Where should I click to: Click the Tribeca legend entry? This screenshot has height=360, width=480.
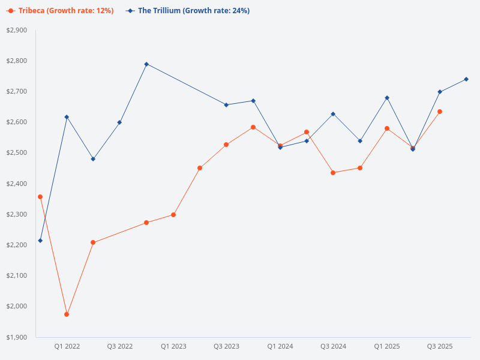(x=60, y=11)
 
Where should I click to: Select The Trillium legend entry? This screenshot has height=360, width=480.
(x=188, y=11)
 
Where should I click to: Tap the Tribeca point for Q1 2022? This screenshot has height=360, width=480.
(x=67, y=314)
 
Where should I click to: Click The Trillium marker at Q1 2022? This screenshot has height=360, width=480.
(x=67, y=117)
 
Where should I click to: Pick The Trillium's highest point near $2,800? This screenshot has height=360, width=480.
(x=146, y=64)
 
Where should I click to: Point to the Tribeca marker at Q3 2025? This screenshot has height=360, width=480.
(x=440, y=112)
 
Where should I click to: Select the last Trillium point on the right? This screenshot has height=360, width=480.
(x=466, y=79)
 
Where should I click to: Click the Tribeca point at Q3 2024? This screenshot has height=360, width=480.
(x=333, y=173)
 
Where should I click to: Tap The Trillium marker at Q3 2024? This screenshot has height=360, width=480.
(x=333, y=114)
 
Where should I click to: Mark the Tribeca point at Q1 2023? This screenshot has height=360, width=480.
(x=173, y=215)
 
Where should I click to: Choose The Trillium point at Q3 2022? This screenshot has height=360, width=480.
(x=119, y=122)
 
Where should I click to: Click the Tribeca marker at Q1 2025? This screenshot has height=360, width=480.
(x=387, y=128)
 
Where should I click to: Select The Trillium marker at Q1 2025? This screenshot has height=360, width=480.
(x=387, y=98)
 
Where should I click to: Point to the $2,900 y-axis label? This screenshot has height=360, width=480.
(x=17, y=30)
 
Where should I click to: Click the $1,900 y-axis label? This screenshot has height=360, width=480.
(x=17, y=337)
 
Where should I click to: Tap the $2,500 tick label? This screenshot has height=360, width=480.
(x=17, y=153)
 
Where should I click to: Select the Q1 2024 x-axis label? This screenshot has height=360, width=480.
(x=280, y=346)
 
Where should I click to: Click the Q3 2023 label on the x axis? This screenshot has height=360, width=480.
(x=226, y=346)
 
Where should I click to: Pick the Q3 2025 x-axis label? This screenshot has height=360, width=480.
(x=440, y=346)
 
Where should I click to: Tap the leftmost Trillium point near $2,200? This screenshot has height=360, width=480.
(x=40, y=241)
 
